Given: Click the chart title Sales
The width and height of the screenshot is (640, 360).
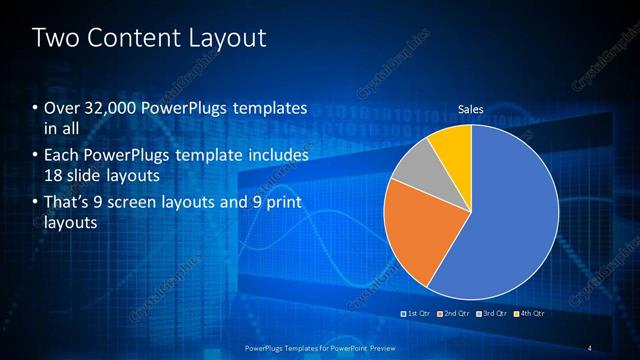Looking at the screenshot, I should point(471,107).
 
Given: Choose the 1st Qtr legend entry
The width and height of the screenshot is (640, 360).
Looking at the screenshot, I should point(417,313).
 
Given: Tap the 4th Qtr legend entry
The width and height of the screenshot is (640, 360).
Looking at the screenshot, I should point(530,313).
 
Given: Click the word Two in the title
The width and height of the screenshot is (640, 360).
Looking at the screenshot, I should point(56,39).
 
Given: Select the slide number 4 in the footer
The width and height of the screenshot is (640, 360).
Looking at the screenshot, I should point(590,347).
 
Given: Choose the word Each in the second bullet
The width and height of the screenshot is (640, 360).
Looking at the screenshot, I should point(61,156).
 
